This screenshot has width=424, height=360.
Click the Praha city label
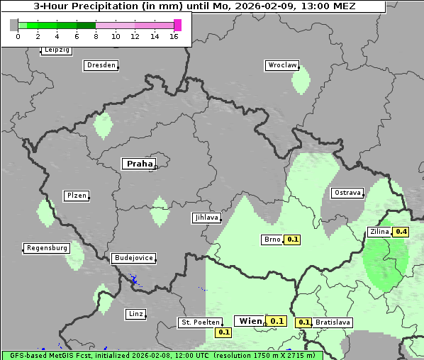[139, 164]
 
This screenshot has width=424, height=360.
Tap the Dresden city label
[101, 65]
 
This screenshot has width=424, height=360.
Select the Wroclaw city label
[282, 65]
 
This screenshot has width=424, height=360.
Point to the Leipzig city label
[57, 50]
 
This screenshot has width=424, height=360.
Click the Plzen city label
[76, 196]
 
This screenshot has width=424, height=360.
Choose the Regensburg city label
[47, 248]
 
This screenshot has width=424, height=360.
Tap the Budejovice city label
[133, 258]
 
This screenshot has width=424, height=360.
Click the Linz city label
[135, 313]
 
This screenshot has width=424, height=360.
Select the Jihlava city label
[206, 218]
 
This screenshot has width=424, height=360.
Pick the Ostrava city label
[347, 193]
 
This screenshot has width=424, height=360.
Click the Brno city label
[272, 240]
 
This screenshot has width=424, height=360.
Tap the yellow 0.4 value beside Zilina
[401, 232]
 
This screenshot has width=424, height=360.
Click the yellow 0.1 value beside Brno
[292, 240]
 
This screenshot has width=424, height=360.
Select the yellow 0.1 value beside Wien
[277, 321]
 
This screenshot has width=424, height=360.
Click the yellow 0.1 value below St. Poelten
[224, 332]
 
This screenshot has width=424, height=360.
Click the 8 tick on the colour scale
[96, 36]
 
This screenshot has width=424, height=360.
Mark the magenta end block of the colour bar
[177, 25]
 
